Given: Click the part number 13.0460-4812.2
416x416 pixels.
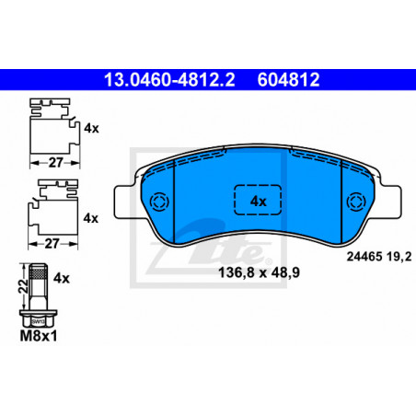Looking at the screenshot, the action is tap(169, 80).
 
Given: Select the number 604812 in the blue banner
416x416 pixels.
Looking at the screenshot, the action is tap(288, 80).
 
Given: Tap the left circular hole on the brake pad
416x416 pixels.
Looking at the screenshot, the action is tap(160, 202).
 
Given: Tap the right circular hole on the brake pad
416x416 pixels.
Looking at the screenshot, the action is tap(356, 202).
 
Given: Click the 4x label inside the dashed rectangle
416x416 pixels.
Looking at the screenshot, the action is tap(259, 202).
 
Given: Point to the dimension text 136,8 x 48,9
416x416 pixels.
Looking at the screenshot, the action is tap(259, 272).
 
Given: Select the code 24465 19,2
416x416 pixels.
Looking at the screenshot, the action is tap(379, 257).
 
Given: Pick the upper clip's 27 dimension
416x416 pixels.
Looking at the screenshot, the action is tap(55, 163).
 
